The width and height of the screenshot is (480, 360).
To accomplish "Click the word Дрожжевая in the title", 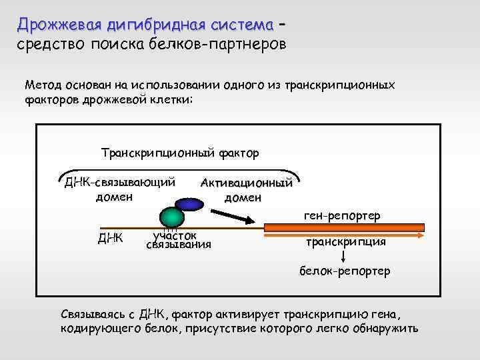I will click(59, 25).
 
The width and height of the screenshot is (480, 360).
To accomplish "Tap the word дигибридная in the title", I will click(155, 25).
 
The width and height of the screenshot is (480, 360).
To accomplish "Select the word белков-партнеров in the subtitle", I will click(231, 45).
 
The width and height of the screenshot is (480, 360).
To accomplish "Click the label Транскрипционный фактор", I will click(180, 153).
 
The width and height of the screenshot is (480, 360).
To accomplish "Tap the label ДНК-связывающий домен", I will click(120, 189).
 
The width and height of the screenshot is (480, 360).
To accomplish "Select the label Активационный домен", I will click(247, 190).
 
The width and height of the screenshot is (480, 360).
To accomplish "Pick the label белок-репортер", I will click(344, 271).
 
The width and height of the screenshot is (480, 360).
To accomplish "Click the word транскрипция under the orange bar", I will click(345, 242).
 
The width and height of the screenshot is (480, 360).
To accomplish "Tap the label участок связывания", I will click(178, 240).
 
